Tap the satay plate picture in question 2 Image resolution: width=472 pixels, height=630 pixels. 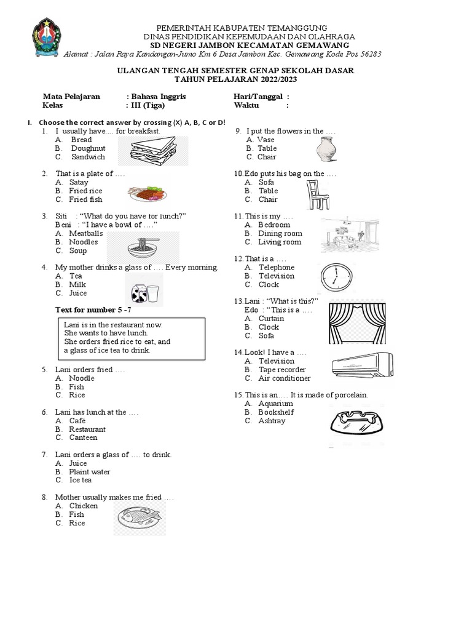click(x=147, y=193)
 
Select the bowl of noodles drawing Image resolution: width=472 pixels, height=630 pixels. click(x=143, y=247)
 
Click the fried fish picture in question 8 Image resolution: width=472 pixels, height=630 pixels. click(x=140, y=517)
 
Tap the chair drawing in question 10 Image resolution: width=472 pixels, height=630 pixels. click(x=317, y=192)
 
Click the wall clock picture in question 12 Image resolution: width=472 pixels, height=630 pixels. click(x=335, y=277)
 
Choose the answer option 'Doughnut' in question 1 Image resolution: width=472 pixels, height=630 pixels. click(x=88, y=148)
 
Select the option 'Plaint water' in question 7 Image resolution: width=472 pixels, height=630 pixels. click(x=90, y=472)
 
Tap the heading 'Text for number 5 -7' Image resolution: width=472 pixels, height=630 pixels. click(x=93, y=309)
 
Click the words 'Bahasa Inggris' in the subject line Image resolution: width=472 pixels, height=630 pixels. click(x=157, y=97)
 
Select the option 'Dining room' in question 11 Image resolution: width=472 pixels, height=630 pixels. click(x=280, y=233)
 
